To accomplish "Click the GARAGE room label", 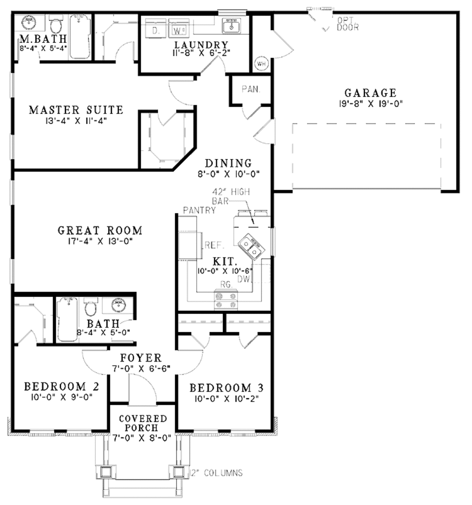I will point(370,93).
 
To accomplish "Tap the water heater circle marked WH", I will point(260,63).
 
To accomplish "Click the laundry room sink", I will point(230,27).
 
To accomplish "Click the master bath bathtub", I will point(80,37).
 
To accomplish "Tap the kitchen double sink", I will point(250,247).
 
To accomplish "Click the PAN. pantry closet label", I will point(251,89).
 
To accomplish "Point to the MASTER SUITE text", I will point(76,110).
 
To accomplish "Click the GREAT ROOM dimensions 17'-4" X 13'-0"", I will point(100,240).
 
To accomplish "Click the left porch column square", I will point(106,471).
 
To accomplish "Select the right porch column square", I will point(178,471).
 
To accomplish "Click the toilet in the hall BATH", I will point(90,306).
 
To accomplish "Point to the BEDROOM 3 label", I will point(226,388).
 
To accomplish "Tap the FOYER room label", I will point(141,358).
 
